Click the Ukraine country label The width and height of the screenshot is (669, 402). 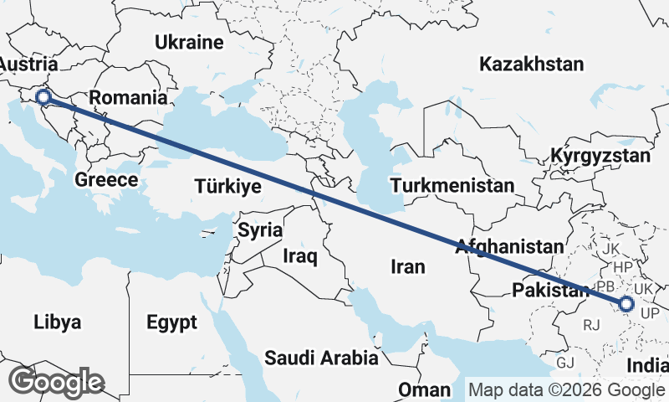189,42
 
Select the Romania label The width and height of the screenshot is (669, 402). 128,98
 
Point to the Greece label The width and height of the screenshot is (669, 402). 106,179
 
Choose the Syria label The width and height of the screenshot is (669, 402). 260,229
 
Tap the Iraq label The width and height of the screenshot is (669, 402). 299,256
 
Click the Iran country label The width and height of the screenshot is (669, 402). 408,266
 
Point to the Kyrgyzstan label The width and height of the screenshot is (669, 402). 600,156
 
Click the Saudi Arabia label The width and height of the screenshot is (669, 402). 321,358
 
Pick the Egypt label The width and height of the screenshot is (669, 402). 171,322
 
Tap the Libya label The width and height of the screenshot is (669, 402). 58,322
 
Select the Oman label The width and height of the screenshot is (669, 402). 424,390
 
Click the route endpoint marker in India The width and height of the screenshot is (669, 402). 626,304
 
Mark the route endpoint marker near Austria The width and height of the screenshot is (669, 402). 44,99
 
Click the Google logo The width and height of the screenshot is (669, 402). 55,382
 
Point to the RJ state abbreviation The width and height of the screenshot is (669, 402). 592,324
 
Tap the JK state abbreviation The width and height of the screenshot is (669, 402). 610,249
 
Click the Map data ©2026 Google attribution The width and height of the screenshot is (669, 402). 566,389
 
